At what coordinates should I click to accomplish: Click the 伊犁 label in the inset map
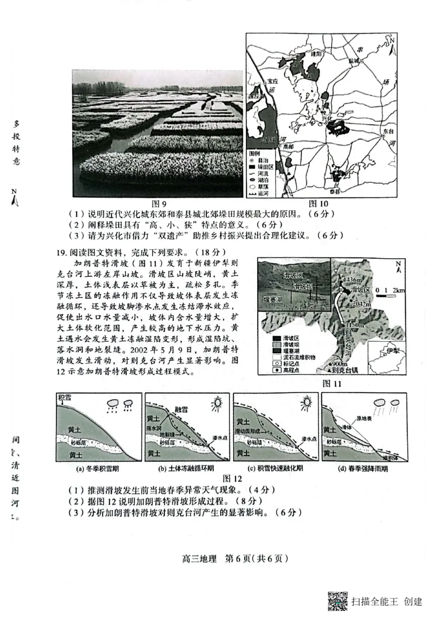point(393,352)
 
